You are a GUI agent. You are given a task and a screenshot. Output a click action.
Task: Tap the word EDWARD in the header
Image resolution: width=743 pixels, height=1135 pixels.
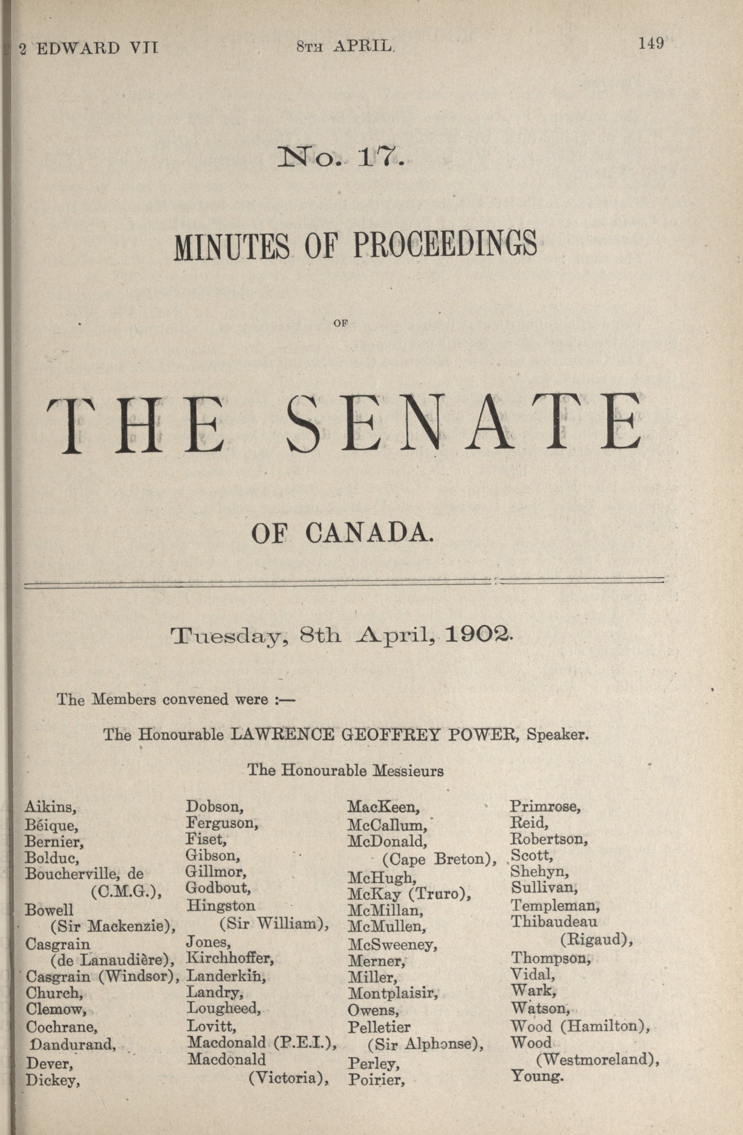tap(78, 48)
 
